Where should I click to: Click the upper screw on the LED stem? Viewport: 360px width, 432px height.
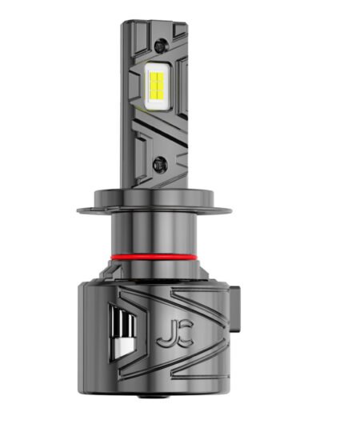click(161, 46)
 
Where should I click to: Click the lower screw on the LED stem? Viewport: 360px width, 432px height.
click(160, 164)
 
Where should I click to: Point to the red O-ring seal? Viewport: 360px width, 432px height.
click(154, 258)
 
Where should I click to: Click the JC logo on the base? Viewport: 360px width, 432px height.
click(175, 333)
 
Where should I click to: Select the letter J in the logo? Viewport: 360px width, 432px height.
click(166, 334)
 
